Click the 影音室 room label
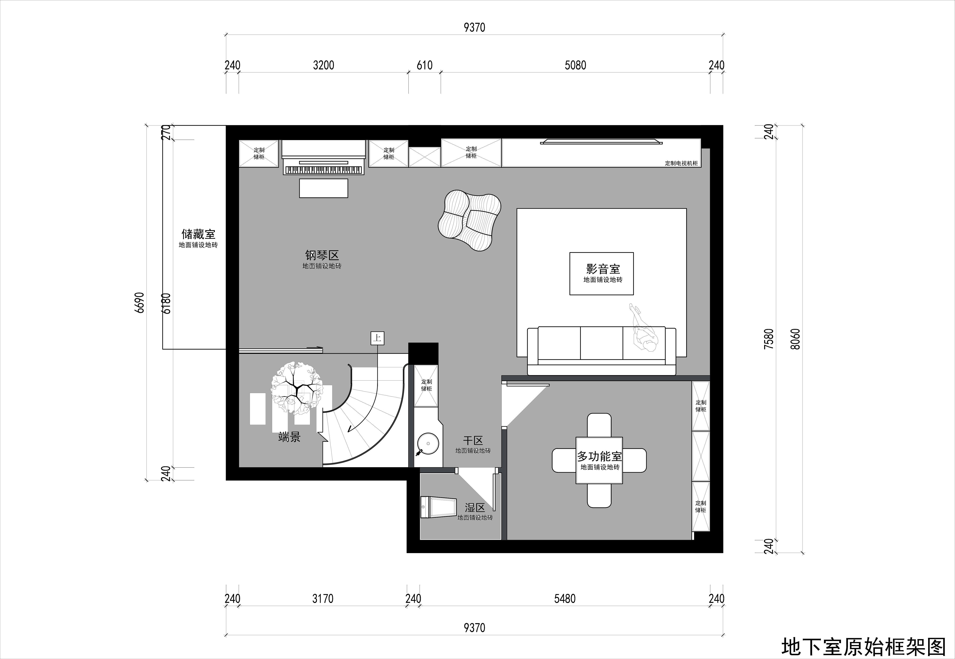click(x=603, y=269)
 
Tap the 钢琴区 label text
click(x=322, y=255)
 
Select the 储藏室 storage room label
click(x=198, y=234)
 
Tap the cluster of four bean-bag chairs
click(x=470, y=221)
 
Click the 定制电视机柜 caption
click(x=681, y=163)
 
